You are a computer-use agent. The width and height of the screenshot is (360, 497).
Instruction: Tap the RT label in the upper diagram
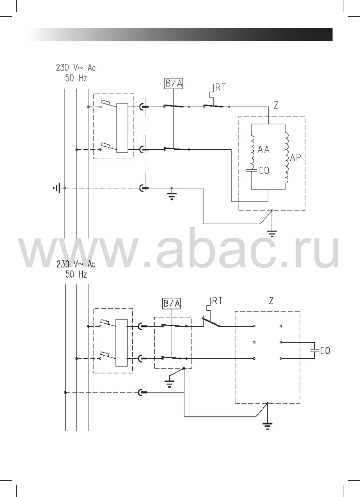point(221,87)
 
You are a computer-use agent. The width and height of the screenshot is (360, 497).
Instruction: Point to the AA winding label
point(264,149)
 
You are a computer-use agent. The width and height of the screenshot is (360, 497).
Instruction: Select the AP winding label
point(295,157)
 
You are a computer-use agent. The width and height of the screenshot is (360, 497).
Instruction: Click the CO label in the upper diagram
point(264,170)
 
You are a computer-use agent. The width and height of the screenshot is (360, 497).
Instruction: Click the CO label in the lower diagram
point(325,351)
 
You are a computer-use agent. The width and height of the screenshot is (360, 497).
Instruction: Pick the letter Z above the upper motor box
point(276,105)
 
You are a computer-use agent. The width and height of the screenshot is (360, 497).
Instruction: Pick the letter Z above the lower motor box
point(271,301)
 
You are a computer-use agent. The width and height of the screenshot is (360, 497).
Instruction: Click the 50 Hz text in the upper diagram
point(76,78)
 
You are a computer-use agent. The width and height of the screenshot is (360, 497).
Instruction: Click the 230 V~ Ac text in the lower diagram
point(76,264)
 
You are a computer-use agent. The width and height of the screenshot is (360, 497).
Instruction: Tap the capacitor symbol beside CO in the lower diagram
point(313,350)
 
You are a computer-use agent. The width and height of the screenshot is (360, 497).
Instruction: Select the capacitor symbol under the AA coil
point(252,170)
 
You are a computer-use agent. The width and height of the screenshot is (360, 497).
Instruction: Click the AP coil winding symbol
point(287,157)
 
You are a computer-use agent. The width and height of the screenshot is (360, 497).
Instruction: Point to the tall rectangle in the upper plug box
point(122,128)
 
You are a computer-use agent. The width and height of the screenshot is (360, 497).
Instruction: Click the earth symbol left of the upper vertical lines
point(57,188)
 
